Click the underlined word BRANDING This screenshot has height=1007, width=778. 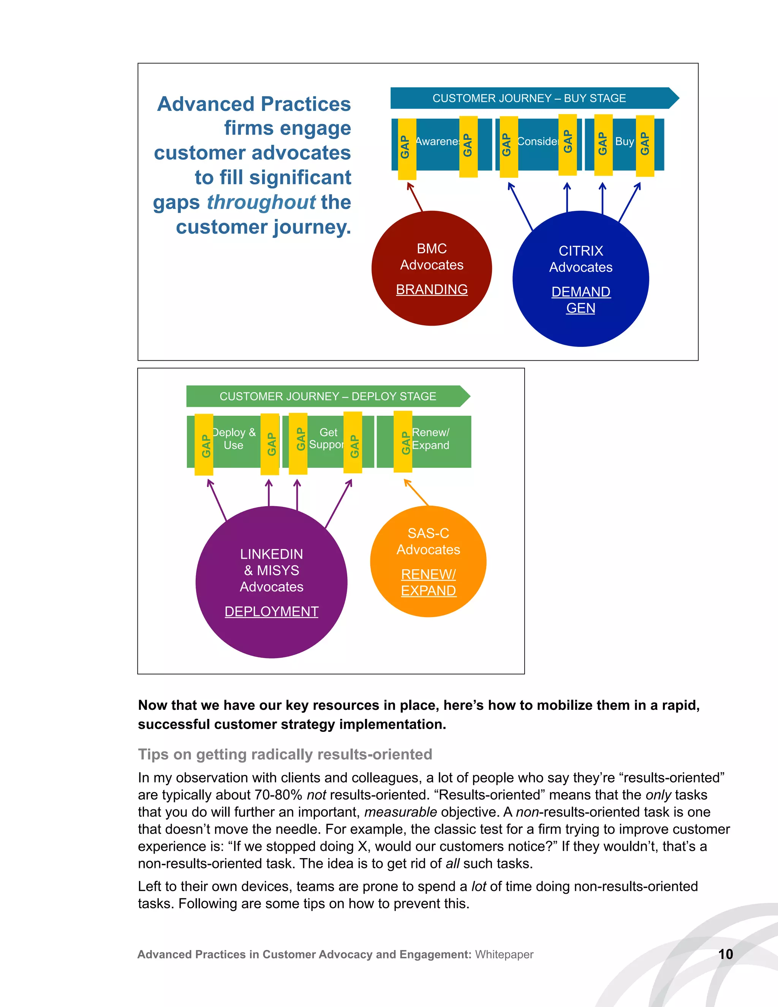pyautogui.click(x=432, y=290)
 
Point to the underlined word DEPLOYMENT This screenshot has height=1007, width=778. pyautogui.click(x=272, y=611)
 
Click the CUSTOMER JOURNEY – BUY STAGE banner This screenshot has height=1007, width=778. pyautogui.click(x=529, y=98)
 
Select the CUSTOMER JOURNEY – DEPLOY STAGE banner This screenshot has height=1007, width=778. pyautogui.click(x=328, y=396)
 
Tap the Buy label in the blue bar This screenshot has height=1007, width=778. pyautogui.click(x=625, y=142)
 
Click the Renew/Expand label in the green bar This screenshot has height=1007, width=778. pyautogui.click(x=430, y=439)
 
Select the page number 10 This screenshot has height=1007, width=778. pyautogui.click(x=726, y=954)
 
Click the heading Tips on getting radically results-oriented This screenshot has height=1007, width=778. pyautogui.click(x=285, y=754)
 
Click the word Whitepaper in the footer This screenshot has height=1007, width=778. pyautogui.click(x=504, y=955)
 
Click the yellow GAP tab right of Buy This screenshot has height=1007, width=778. pyautogui.click(x=645, y=145)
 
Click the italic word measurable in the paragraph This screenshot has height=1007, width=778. pyautogui.click(x=400, y=812)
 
